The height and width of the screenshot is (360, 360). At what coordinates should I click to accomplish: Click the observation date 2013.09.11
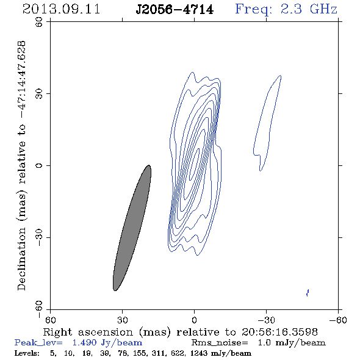coord(61,9)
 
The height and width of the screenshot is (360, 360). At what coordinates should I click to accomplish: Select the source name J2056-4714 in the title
coord(175,10)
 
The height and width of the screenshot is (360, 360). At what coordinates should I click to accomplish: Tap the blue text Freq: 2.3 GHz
coord(286,9)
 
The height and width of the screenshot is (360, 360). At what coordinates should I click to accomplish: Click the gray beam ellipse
coord(132,228)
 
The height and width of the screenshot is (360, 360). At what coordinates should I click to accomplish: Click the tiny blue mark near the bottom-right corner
coord(308,293)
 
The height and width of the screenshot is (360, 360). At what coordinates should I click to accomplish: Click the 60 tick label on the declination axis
coord(39,22)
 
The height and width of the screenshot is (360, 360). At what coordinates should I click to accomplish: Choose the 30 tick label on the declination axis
coord(39,94)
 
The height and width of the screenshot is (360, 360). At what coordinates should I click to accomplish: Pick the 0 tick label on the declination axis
coord(39,165)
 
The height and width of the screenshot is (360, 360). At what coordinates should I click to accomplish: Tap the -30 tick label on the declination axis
coord(39,237)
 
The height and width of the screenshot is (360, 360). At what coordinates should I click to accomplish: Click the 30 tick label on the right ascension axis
coord(122,320)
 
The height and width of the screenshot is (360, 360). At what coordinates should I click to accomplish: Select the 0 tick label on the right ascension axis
coord(194,320)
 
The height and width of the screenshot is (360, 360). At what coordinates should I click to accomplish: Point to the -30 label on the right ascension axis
coord(266,320)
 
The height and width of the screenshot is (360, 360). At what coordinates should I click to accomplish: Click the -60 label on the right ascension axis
coord(338,320)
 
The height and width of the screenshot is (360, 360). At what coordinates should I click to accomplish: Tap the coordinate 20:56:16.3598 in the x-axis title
coord(279,332)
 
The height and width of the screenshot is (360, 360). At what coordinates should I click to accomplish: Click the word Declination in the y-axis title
coord(21,259)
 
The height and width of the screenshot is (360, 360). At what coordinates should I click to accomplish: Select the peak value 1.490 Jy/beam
coord(107,343)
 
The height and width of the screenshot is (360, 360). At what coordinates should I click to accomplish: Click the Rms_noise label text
coord(220,343)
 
